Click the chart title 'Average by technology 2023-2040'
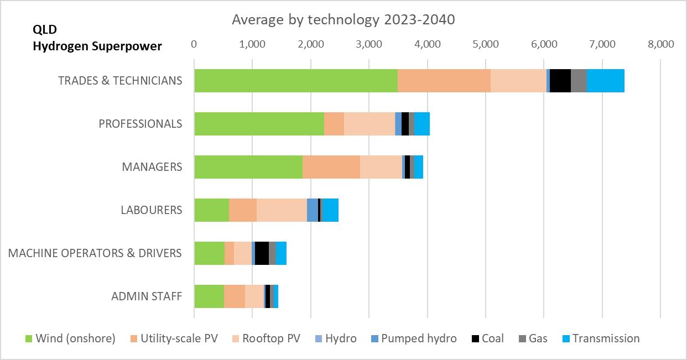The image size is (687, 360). (343, 20)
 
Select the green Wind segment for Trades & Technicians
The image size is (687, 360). (295, 81)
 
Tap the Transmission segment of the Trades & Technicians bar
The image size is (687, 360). (605, 81)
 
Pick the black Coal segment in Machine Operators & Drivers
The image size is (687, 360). (262, 253)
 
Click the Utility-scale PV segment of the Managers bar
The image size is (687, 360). (331, 167)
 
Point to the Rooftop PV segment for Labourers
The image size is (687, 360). (282, 210)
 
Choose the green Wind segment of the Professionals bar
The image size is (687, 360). (259, 124)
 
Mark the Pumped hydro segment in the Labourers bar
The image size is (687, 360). (312, 210)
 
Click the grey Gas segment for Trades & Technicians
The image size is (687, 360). (578, 81)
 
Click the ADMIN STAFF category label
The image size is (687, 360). (147, 296)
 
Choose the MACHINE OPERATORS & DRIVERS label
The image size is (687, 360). (95, 253)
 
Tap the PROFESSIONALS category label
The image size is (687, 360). (140, 124)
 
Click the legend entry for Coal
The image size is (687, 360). (487, 338)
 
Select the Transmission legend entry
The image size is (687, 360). (601, 338)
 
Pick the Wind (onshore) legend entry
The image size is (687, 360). (71, 338)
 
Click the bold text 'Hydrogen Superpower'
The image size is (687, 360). (97, 46)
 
